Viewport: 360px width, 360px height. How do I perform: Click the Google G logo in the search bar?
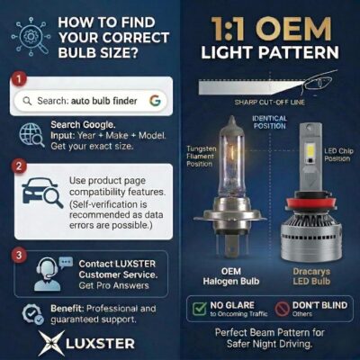point(155,101)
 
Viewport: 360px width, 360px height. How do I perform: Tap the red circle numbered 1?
point(19,79)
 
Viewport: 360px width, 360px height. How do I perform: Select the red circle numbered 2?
point(19,166)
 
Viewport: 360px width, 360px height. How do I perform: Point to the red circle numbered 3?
point(19,255)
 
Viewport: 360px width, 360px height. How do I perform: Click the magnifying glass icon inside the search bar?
point(27,101)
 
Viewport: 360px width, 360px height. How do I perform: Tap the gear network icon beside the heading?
point(31,37)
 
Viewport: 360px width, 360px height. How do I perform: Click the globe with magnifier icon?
point(31,135)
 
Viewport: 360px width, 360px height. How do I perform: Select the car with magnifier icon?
point(42,193)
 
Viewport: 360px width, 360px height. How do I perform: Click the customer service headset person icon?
point(50,274)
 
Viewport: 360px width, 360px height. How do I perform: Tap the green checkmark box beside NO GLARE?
point(200,309)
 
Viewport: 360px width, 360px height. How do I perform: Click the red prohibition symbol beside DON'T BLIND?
point(282,309)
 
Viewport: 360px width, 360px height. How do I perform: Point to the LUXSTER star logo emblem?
point(51,343)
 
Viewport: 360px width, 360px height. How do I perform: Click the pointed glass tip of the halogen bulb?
point(231,121)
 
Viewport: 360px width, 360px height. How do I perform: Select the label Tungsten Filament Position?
point(200,157)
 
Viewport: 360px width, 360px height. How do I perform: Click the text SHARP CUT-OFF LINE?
point(269,103)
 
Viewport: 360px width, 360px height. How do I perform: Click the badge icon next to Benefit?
point(32,314)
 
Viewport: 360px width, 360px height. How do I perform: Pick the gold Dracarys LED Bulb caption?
point(311,276)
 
